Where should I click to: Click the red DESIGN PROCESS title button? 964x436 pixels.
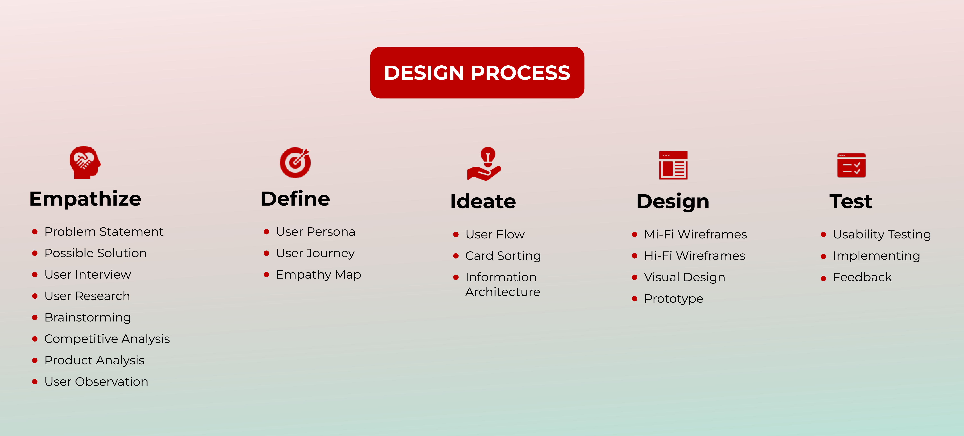pyautogui.click(x=477, y=73)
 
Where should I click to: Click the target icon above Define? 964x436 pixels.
pyautogui.click(x=295, y=162)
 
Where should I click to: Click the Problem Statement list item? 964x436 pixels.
pyautogui.click(x=104, y=232)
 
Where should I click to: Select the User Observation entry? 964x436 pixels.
pyautogui.click(x=96, y=382)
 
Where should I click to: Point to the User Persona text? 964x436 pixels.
pyautogui.click(x=316, y=232)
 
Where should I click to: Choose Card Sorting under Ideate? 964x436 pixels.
pyautogui.click(x=503, y=256)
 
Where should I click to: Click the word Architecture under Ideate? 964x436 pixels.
pyautogui.click(x=503, y=292)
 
